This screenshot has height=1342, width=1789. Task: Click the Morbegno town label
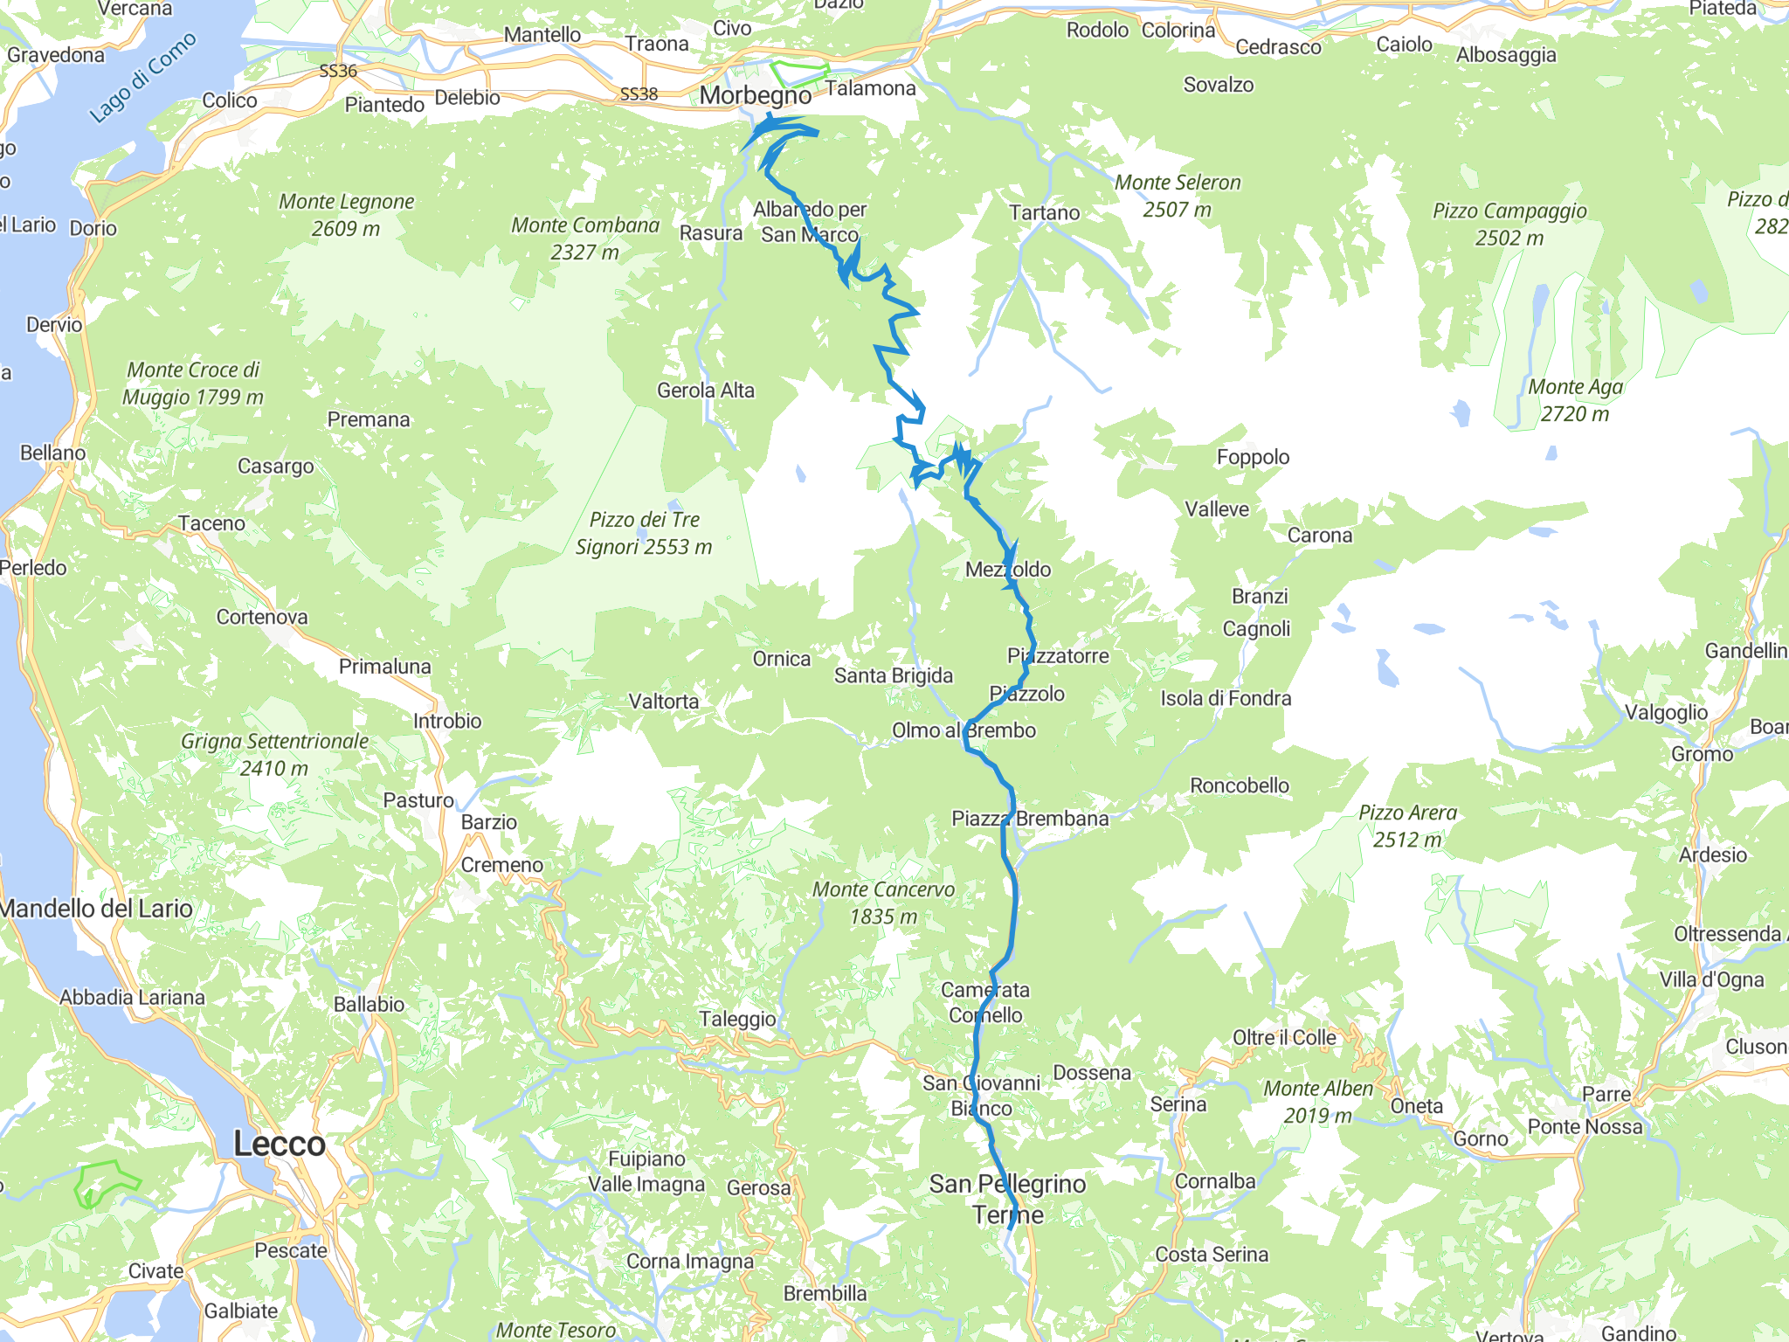click(756, 95)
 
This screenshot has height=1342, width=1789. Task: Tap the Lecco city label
click(280, 1144)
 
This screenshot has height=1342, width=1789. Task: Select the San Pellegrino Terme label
click(1008, 1199)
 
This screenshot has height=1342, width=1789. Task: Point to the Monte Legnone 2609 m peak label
click(346, 215)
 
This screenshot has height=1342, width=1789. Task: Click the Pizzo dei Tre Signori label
click(644, 533)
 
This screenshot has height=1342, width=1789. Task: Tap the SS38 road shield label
click(639, 93)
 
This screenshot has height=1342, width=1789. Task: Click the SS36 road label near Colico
click(338, 71)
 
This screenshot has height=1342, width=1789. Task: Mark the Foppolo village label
click(1253, 457)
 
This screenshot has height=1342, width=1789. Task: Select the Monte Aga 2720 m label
click(1575, 400)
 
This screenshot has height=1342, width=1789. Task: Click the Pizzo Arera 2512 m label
click(1407, 826)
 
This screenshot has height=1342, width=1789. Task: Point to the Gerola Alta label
click(706, 391)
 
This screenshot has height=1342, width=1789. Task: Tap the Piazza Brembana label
click(1030, 819)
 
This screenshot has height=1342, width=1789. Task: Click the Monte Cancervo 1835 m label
click(884, 903)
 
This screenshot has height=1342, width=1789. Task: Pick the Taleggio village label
click(737, 1019)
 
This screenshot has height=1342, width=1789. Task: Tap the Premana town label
click(369, 419)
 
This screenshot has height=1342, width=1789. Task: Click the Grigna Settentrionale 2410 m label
click(274, 754)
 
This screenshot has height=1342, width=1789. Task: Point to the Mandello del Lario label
click(96, 909)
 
